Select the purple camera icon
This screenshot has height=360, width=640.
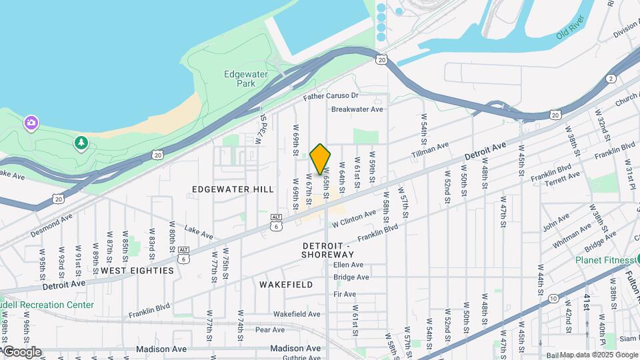31,123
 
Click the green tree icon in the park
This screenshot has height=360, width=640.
81,143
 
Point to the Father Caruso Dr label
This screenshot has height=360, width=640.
331,97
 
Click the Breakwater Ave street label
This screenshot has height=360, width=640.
357,109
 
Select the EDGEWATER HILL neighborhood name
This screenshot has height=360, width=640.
233,189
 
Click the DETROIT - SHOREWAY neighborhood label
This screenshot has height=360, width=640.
327,250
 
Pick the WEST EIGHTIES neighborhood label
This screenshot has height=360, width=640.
137,271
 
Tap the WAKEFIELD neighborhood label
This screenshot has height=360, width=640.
286,285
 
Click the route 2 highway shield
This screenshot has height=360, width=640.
611,79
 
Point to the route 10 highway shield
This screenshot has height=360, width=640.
553,299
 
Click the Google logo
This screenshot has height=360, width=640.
21,352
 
